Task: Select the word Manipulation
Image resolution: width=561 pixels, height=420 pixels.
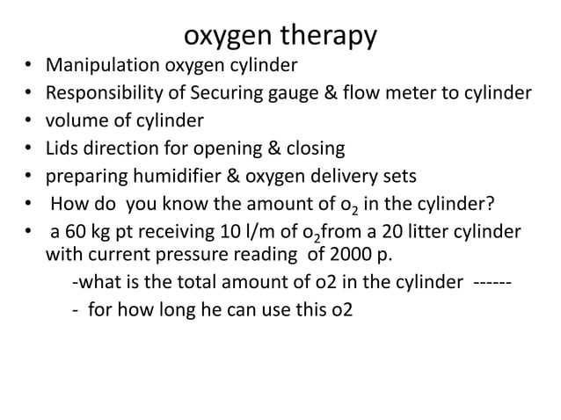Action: click(x=102, y=66)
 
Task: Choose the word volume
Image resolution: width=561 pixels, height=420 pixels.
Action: click(x=78, y=119)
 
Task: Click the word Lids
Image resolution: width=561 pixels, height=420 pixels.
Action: click(x=62, y=147)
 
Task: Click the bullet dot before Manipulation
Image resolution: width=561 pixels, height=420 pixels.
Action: click(x=27, y=66)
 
